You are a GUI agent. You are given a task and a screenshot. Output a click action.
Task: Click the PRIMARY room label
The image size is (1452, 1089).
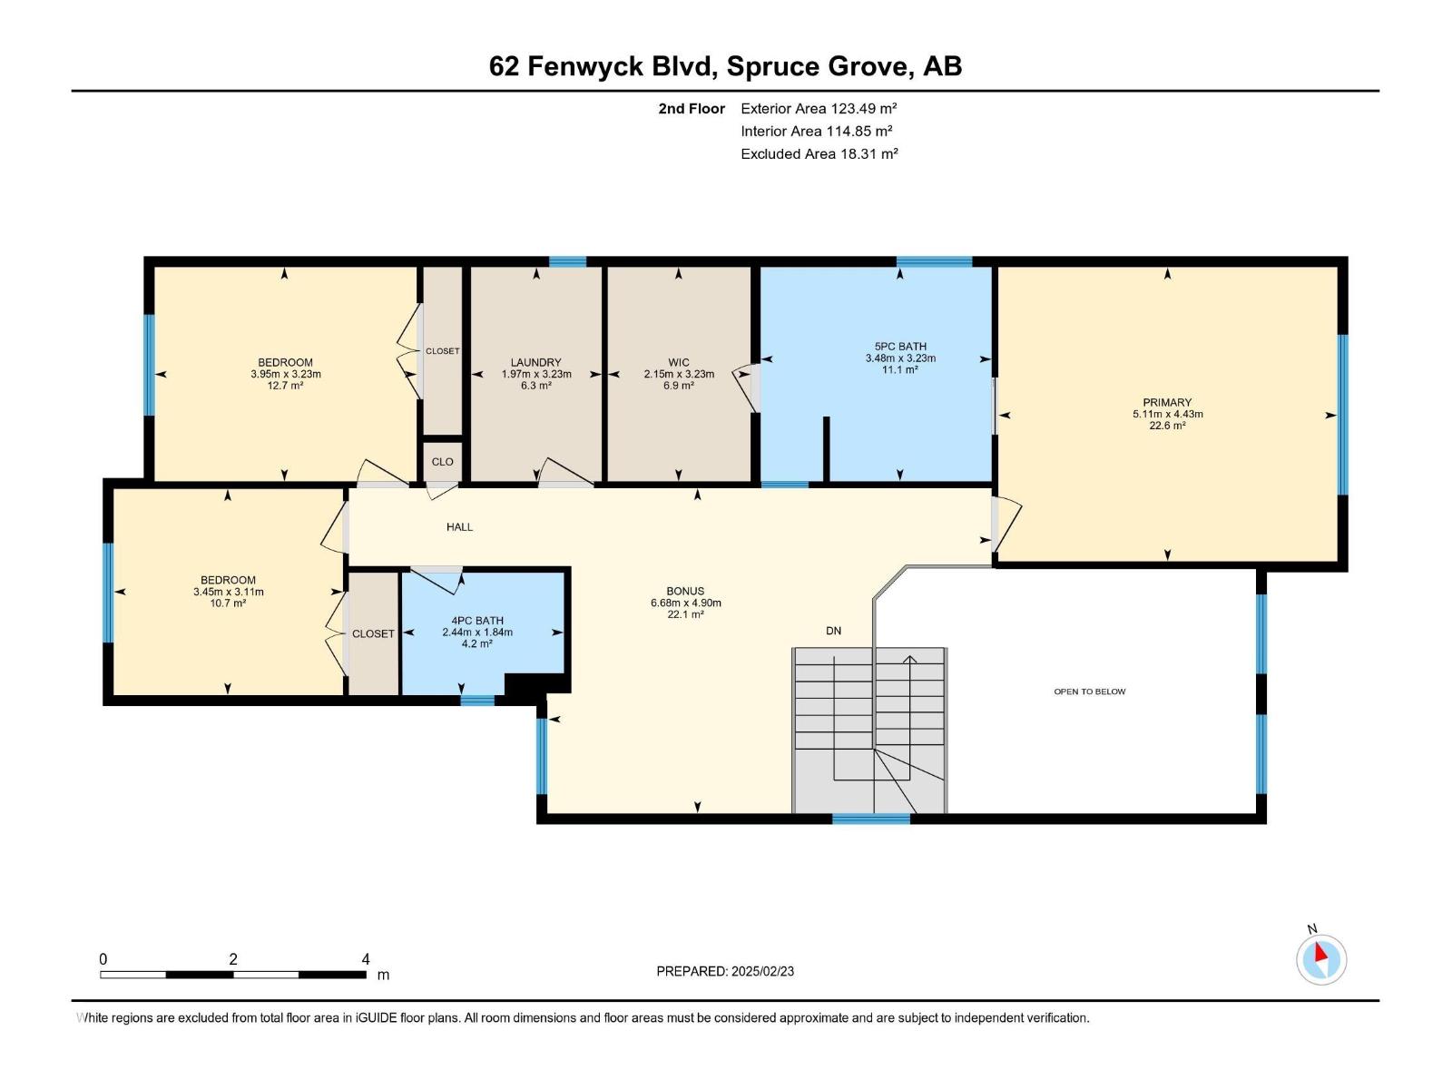coord(1167,402)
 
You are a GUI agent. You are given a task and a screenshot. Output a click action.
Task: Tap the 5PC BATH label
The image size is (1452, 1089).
coord(900,346)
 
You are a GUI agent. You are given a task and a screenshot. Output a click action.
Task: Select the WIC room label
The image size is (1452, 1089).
coord(679,362)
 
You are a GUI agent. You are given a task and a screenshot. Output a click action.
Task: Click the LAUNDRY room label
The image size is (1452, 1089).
coord(535,362)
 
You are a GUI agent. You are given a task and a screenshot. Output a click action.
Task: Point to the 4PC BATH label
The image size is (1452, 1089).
coord(477,621)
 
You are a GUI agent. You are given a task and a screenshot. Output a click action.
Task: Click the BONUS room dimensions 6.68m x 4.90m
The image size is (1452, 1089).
coord(685,603)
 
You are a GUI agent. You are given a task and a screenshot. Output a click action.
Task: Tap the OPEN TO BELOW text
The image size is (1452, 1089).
coord(1089,692)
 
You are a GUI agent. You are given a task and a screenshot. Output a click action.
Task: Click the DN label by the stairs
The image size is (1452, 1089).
coord(833,631)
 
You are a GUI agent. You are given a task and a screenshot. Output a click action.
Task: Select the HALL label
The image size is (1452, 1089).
coord(459,526)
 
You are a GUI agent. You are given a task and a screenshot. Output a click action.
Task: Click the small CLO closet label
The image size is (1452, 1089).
coord(442,462)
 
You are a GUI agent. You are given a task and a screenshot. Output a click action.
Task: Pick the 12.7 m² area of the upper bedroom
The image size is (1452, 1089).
coord(285,386)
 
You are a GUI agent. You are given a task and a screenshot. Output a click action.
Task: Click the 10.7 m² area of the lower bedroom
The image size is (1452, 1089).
coord(228,603)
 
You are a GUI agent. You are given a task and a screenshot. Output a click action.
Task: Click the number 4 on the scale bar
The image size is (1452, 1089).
coord(366,959)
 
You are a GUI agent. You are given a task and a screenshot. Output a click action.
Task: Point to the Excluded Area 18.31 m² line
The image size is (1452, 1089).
coord(819,154)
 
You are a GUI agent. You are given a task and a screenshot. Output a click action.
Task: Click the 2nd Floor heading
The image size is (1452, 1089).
coord(692,108)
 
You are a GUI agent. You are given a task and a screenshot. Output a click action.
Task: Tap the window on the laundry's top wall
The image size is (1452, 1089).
coord(567,261)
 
